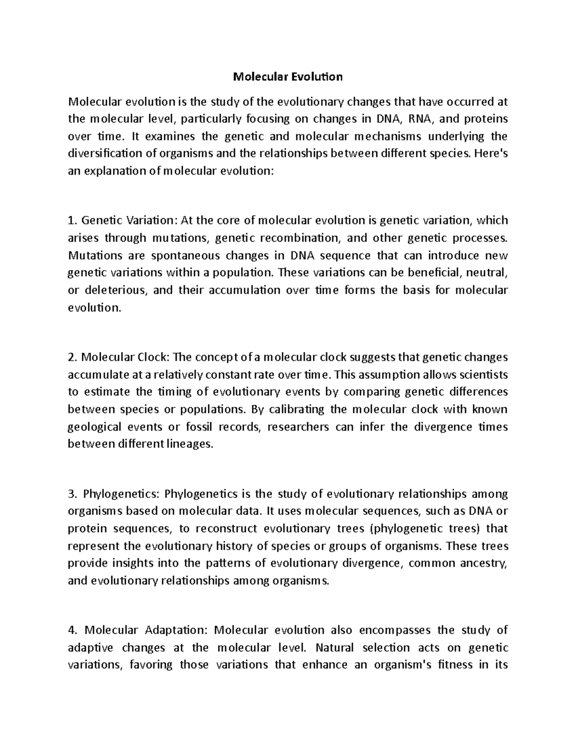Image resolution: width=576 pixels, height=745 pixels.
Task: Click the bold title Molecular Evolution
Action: pos(288,77)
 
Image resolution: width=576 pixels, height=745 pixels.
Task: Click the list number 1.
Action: pos(72,221)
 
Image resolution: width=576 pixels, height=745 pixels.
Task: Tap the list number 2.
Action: pos(72,357)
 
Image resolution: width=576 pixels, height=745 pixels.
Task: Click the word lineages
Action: pos(188,445)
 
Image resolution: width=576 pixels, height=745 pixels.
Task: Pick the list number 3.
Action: pos(72,494)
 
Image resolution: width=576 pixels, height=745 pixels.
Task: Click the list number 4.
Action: pos(72,630)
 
